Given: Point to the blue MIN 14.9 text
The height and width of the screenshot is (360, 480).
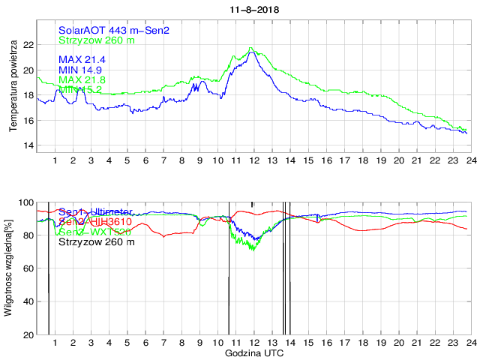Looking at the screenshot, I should tap(80, 70).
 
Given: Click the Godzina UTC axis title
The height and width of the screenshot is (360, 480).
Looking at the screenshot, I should tap(253, 352).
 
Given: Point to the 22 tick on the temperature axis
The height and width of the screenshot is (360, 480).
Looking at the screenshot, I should tap(29, 45).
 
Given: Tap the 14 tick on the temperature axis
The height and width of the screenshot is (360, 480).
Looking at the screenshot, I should tap(29, 145).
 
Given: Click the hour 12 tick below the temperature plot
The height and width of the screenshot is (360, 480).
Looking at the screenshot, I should tap(253, 160).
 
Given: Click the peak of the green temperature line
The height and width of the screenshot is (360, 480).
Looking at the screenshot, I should tap(250, 48).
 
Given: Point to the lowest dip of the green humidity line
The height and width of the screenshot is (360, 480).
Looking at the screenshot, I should tap(253, 250).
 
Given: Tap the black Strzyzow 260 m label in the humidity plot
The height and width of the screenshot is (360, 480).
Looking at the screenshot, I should tap(97, 241).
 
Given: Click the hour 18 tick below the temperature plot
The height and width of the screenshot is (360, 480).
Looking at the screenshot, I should tap(362, 160).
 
